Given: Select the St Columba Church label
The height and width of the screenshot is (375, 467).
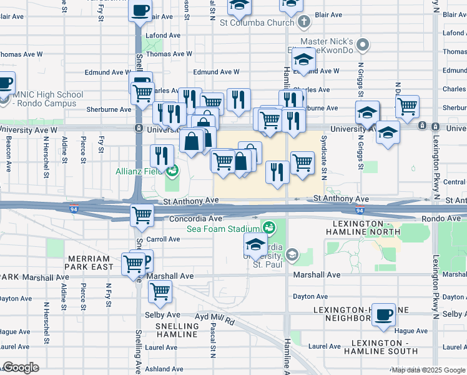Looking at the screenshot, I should click(x=257, y=23).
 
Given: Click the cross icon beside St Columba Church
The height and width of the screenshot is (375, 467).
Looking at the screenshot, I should click(x=304, y=23).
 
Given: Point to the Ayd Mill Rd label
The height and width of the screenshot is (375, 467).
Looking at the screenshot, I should click(x=214, y=321).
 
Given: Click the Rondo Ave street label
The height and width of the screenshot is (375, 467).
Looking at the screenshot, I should click(x=443, y=219).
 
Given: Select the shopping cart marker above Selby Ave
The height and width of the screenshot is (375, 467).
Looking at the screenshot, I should click(x=160, y=291).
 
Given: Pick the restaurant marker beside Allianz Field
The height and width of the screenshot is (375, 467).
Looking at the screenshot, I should click(x=162, y=156).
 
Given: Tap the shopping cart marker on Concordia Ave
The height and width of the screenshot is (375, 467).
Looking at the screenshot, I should click(x=142, y=216).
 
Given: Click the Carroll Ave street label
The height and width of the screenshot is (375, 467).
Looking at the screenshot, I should click(x=163, y=239).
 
